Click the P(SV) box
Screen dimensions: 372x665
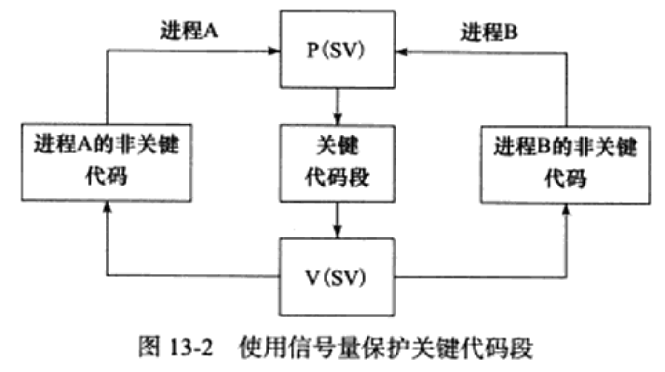[x=338, y=50]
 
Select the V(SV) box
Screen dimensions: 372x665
[x=338, y=277]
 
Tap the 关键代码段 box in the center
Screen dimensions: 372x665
[x=338, y=163]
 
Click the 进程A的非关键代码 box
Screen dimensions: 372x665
[x=107, y=162]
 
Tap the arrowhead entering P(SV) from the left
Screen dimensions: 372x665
[x=275, y=51]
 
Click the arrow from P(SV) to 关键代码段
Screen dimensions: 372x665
[x=338, y=105]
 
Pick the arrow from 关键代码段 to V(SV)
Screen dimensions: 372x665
[x=338, y=220]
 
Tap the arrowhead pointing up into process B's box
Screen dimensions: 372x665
[x=566, y=209]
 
